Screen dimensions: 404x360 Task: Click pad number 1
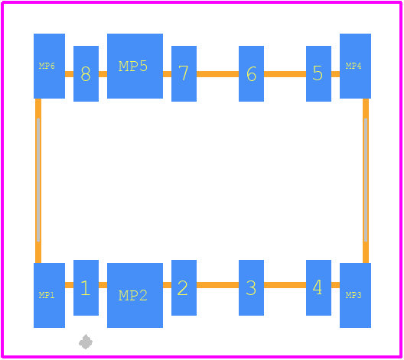86,287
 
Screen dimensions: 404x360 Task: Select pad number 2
184,287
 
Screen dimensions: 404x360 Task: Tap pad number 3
251,287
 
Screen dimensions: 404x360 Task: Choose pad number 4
318,287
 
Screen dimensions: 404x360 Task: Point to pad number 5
318,73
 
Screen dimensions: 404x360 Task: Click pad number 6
251,73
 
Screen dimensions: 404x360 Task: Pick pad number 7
184,73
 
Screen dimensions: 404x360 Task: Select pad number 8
86,73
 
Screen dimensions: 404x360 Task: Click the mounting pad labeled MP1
49,295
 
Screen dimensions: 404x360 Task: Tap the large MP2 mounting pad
135,295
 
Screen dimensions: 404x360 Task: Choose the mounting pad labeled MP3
355,295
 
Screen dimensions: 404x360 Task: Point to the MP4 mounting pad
355,66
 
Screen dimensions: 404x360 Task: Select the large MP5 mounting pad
135,66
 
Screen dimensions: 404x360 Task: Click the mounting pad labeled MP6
49,66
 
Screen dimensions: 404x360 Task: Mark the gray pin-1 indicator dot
86,342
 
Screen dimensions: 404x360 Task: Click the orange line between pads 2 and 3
218,285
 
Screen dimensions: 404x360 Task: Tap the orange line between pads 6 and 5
285,74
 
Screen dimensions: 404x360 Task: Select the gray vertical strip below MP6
38,180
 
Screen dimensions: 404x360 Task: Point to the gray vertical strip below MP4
366,180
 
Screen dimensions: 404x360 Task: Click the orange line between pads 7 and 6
218,74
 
